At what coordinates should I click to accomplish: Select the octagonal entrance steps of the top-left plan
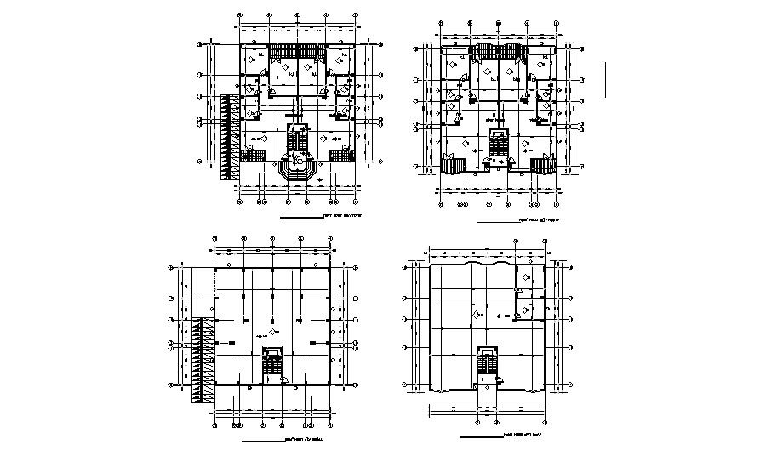[297, 169]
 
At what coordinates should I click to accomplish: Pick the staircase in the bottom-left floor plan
[272, 364]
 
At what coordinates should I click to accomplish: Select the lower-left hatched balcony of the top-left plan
[252, 153]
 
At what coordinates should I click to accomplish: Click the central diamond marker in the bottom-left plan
[272, 331]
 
